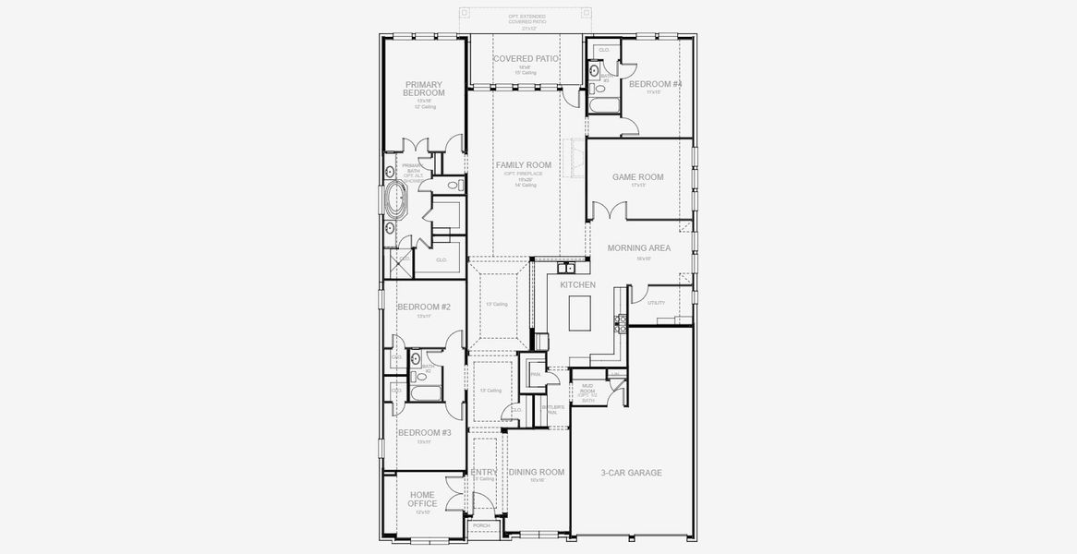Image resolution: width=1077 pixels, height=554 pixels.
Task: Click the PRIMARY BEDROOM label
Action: pyautogui.click(x=424, y=89)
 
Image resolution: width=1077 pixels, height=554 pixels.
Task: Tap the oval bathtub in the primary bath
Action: pyautogui.click(x=395, y=199)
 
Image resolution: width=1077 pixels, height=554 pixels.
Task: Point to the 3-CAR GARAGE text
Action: pyautogui.click(x=631, y=473)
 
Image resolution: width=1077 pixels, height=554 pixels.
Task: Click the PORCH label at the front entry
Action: pyautogui.click(x=481, y=525)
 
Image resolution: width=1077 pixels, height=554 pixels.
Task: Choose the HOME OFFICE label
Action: pyautogui.click(x=422, y=499)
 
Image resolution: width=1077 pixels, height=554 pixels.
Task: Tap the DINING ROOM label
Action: pyautogui.click(x=536, y=473)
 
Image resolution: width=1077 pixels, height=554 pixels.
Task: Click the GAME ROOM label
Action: pyautogui.click(x=637, y=177)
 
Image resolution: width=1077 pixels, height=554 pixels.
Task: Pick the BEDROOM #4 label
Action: pyautogui.click(x=655, y=85)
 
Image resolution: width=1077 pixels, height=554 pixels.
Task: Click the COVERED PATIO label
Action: pyautogui.click(x=526, y=59)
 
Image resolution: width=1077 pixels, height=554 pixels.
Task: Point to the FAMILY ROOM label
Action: pyautogui.click(x=523, y=165)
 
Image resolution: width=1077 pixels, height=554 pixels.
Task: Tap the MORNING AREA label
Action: pyautogui.click(x=638, y=248)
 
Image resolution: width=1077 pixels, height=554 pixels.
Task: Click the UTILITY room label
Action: pyautogui.click(x=656, y=303)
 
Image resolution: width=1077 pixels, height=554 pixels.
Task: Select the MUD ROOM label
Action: pyautogui.click(x=587, y=391)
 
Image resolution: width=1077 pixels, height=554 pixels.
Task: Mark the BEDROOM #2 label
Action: pyautogui.click(x=423, y=307)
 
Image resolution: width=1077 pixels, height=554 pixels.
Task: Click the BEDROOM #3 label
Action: pyautogui.click(x=424, y=432)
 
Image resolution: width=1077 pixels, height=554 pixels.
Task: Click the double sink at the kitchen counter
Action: pyautogui.click(x=567, y=269)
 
